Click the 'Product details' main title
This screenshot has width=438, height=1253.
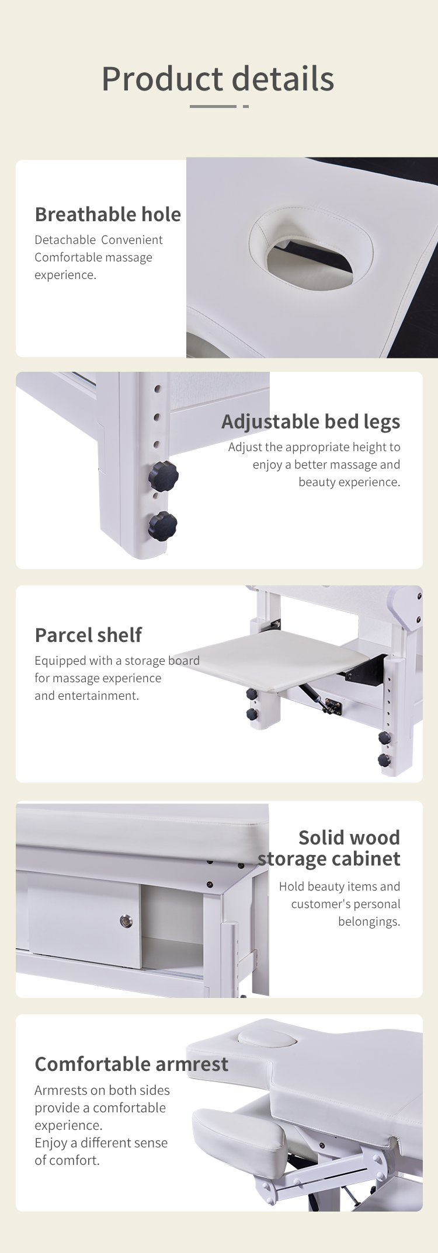(218, 79)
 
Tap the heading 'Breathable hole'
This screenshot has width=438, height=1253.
(108, 214)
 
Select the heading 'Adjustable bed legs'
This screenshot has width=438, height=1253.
(311, 421)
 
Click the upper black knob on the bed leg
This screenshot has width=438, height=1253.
(164, 476)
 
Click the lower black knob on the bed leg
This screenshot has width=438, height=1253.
(163, 526)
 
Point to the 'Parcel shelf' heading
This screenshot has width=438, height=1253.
(88, 635)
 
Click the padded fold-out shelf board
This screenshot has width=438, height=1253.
(274, 659)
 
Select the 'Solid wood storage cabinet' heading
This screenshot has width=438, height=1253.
(329, 848)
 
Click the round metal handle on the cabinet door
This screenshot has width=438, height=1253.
(126, 921)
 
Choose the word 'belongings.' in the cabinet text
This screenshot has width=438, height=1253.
(369, 922)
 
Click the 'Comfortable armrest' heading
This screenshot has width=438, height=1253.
(131, 1064)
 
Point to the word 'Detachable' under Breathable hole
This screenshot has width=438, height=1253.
(65, 240)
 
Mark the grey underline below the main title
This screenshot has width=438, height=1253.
(219, 106)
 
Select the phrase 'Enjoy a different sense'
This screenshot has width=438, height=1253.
(101, 1143)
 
